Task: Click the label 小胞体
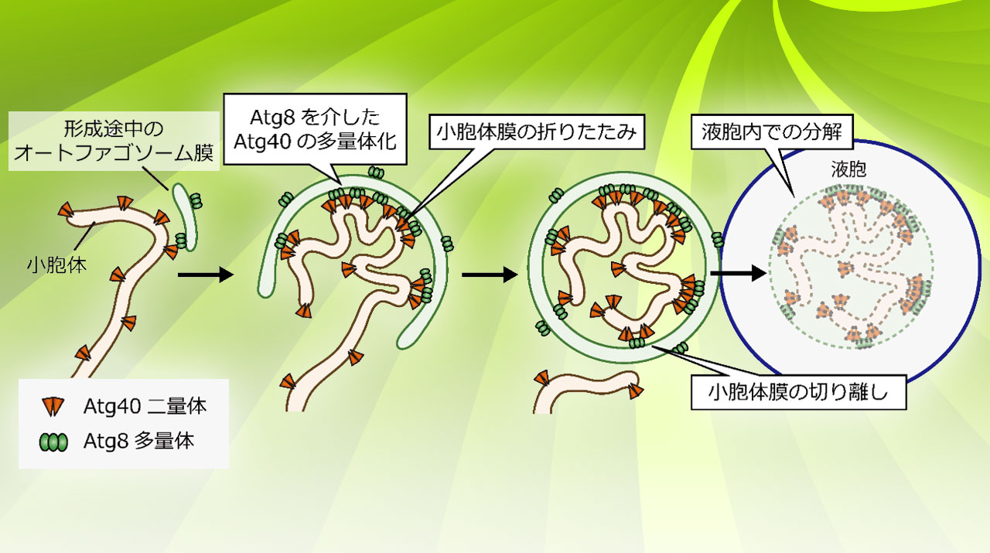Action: pyautogui.click(x=56, y=265)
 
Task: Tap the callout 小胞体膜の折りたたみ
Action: pyautogui.click(x=537, y=131)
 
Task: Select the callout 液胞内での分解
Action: pyautogui.click(x=772, y=131)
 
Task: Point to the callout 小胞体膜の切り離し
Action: pyautogui.click(x=798, y=393)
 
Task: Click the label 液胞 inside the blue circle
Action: pyautogui.click(x=848, y=169)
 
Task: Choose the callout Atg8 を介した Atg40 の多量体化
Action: pyautogui.click(x=315, y=129)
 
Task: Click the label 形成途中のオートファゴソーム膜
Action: pyautogui.click(x=114, y=141)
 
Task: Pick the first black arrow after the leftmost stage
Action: pyautogui.click(x=206, y=275)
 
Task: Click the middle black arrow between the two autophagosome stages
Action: pyautogui.click(x=490, y=275)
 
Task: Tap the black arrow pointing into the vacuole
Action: pyautogui.click(x=739, y=273)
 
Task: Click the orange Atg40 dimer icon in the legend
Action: pyautogui.click(x=53, y=407)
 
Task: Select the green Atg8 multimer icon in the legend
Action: pyautogui.click(x=53, y=442)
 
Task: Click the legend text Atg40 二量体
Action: pyautogui.click(x=145, y=406)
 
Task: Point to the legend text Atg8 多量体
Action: pyautogui.click(x=138, y=442)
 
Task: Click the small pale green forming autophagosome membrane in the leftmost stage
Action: pyautogui.click(x=184, y=217)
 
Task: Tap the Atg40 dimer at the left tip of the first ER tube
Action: pyautogui.click(x=66, y=210)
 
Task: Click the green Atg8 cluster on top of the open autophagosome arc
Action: pyautogui.click(x=376, y=172)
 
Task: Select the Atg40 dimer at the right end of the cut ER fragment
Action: pyautogui.click(x=636, y=390)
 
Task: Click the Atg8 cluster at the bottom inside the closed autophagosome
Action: pyautogui.click(x=637, y=343)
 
